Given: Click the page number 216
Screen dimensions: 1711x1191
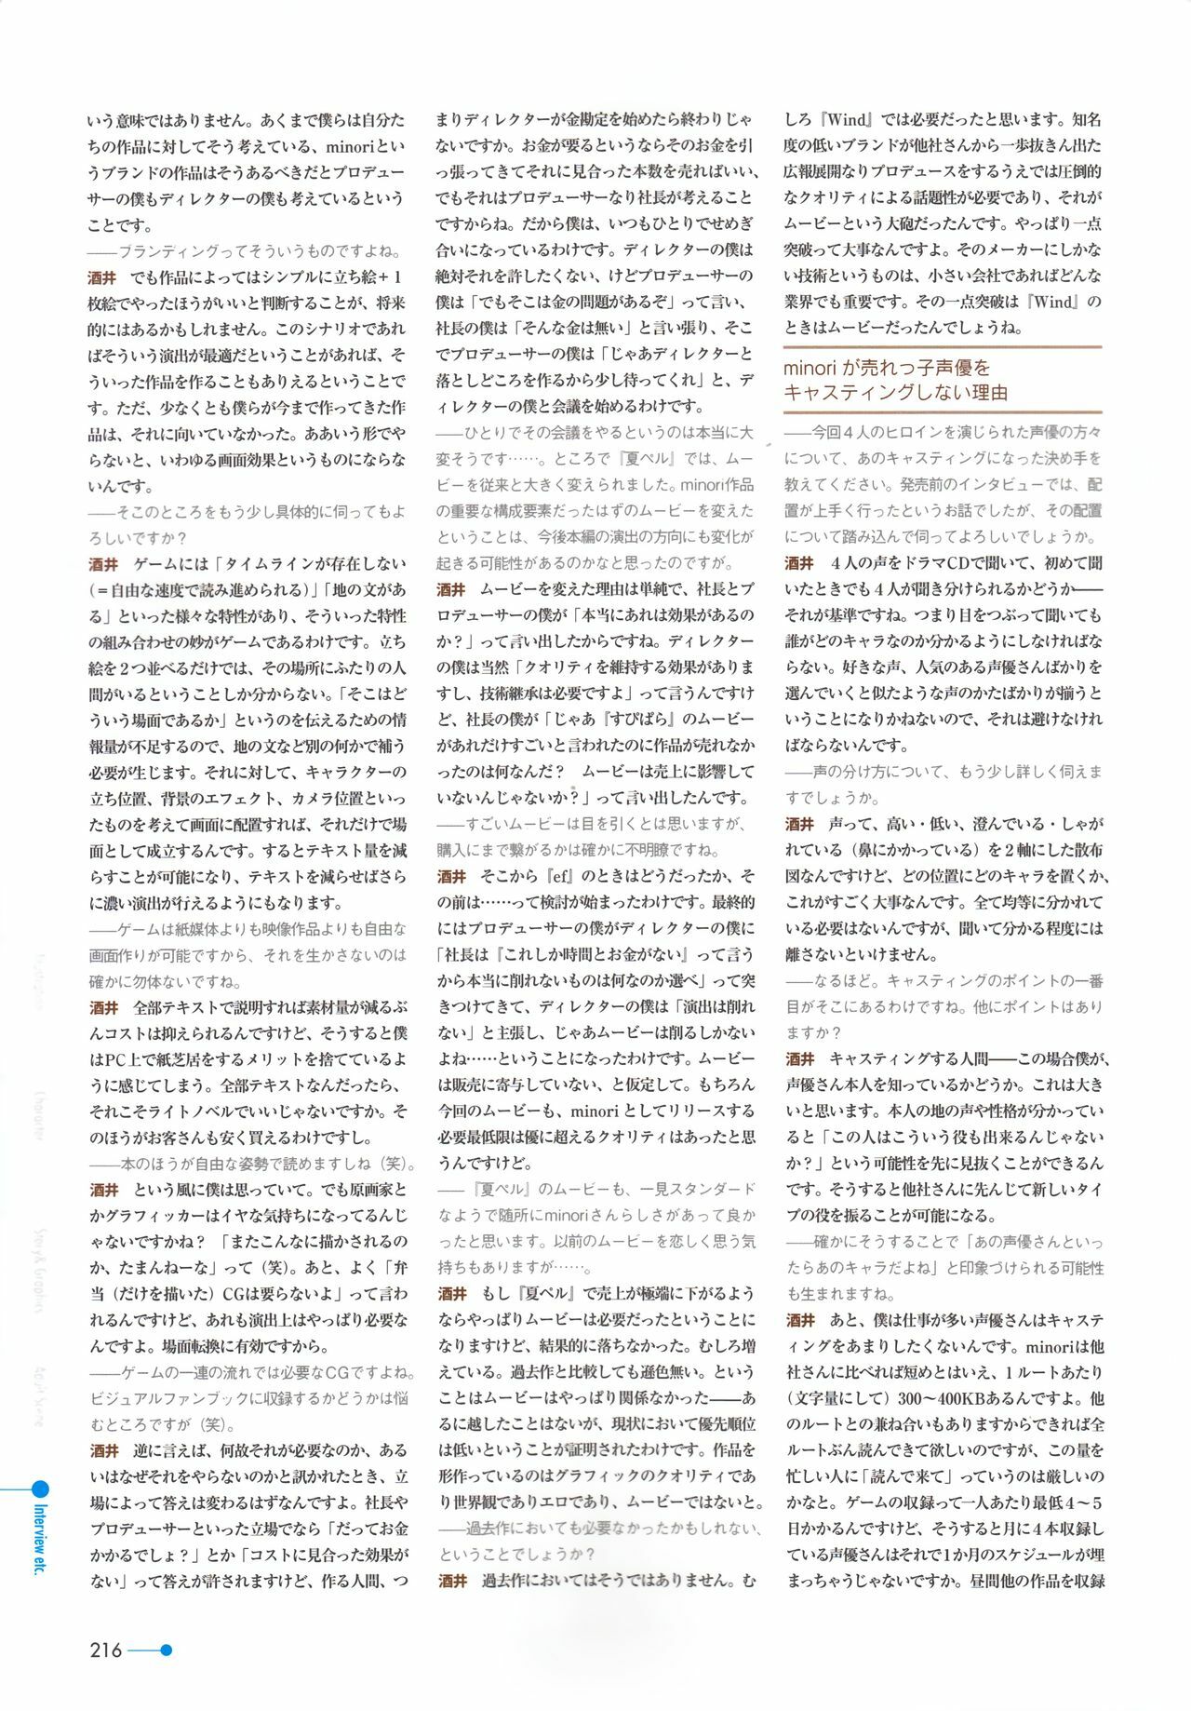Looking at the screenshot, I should [x=106, y=1650].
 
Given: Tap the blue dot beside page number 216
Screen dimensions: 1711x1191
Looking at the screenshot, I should [x=167, y=1650].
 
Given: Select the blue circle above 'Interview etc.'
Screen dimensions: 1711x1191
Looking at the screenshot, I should [x=40, y=1489].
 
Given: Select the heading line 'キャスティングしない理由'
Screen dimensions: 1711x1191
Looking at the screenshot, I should [x=895, y=393].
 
